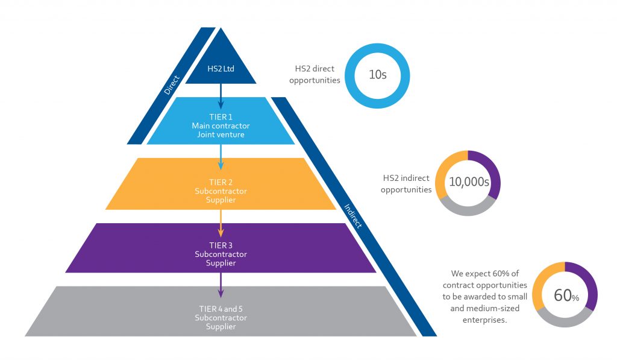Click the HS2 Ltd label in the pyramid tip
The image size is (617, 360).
[x=221, y=69]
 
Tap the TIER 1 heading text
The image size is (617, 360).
[x=221, y=117]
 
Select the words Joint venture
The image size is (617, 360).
[x=221, y=134]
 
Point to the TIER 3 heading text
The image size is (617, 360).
[x=221, y=246]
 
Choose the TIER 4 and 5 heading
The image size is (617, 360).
[x=221, y=309]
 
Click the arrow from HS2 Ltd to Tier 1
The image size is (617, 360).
[x=221, y=96]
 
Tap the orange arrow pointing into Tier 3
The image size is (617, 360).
[x=221, y=223]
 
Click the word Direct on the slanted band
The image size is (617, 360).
[x=173, y=84]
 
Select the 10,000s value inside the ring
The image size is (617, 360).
[x=468, y=182]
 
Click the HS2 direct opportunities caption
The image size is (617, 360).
[x=315, y=75]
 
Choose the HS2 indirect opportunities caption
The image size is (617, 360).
[x=407, y=184]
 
